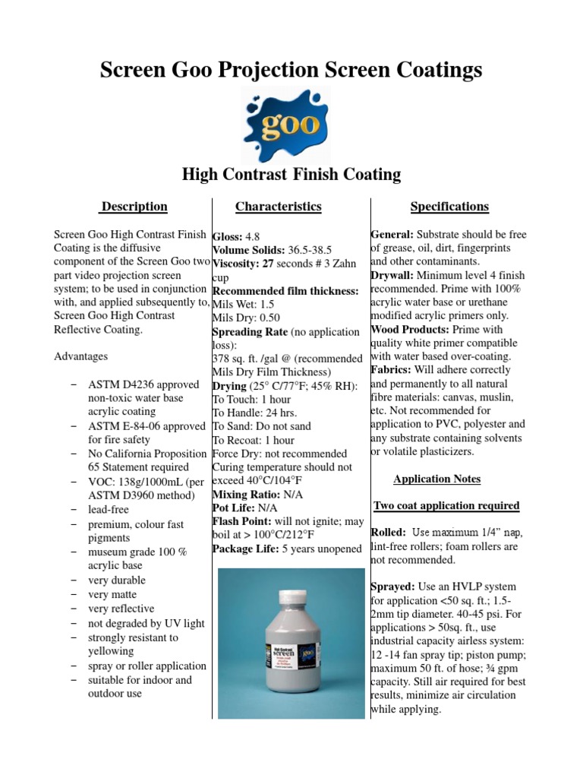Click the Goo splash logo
click(291, 122)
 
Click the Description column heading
click(134, 207)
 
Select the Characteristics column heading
click(278, 207)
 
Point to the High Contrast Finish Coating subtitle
click(291, 175)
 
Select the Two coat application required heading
click(446, 506)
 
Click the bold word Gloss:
click(227, 237)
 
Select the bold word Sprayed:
click(392, 587)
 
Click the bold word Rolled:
click(388, 533)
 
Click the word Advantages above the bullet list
click(81, 356)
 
